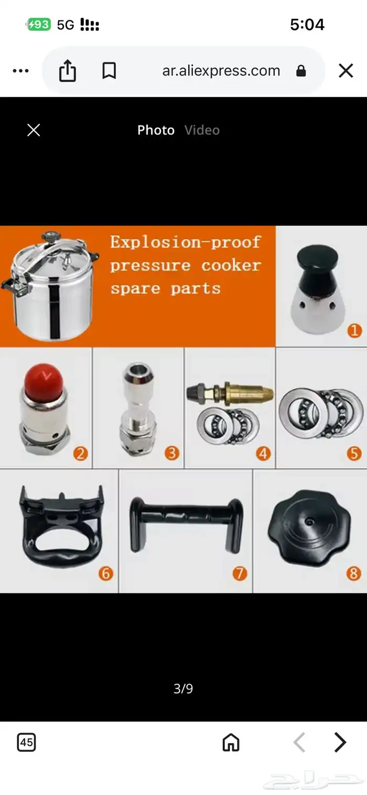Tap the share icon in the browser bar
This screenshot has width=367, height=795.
[x=67, y=71]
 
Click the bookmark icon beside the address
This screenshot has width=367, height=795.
[x=109, y=71]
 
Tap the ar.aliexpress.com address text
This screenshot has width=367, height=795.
[x=221, y=71]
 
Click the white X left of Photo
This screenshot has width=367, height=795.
[x=34, y=130]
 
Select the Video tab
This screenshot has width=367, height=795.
[x=202, y=130]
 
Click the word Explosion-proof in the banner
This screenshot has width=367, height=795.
[x=186, y=242]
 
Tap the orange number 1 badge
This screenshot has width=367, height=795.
[x=354, y=331]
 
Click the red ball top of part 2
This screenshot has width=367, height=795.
[x=44, y=382]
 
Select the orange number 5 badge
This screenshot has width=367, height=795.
[x=354, y=453]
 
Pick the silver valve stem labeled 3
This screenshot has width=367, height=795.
[x=138, y=409]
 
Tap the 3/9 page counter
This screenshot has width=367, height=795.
[x=183, y=688]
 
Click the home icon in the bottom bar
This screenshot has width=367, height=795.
[x=231, y=742]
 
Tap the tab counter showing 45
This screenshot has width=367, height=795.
[x=26, y=742]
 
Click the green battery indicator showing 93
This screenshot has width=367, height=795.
[x=39, y=25]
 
